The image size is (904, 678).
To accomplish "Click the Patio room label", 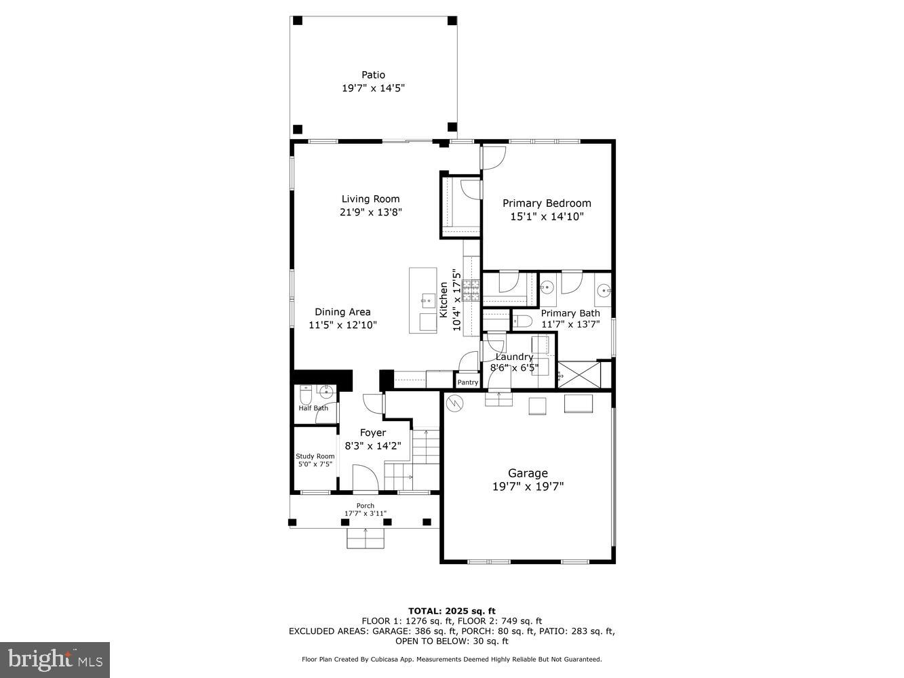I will click(373, 75).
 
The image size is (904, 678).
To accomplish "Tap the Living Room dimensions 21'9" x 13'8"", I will click(370, 212).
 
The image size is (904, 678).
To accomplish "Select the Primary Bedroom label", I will click(547, 203).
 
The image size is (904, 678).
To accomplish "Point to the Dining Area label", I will click(342, 312).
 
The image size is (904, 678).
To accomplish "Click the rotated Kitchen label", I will click(444, 300).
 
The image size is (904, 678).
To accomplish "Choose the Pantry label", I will click(468, 382).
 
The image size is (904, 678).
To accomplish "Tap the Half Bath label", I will click(313, 408).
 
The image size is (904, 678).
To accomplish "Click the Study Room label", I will click(315, 456).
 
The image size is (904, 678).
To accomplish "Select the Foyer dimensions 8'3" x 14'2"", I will click(373, 446).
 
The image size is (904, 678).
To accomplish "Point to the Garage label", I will click(528, 473).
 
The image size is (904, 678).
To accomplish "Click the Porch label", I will click(366, 506).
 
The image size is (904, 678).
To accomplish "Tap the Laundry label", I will click(515, 357).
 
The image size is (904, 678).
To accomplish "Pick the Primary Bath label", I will click(570, 313).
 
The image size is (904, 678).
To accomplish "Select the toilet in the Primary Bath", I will click(521, 321).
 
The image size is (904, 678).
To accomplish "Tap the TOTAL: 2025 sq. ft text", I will click(452, 611).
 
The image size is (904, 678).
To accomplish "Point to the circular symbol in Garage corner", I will click(454, 404).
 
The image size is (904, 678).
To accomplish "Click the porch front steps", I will click(366, 539).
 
